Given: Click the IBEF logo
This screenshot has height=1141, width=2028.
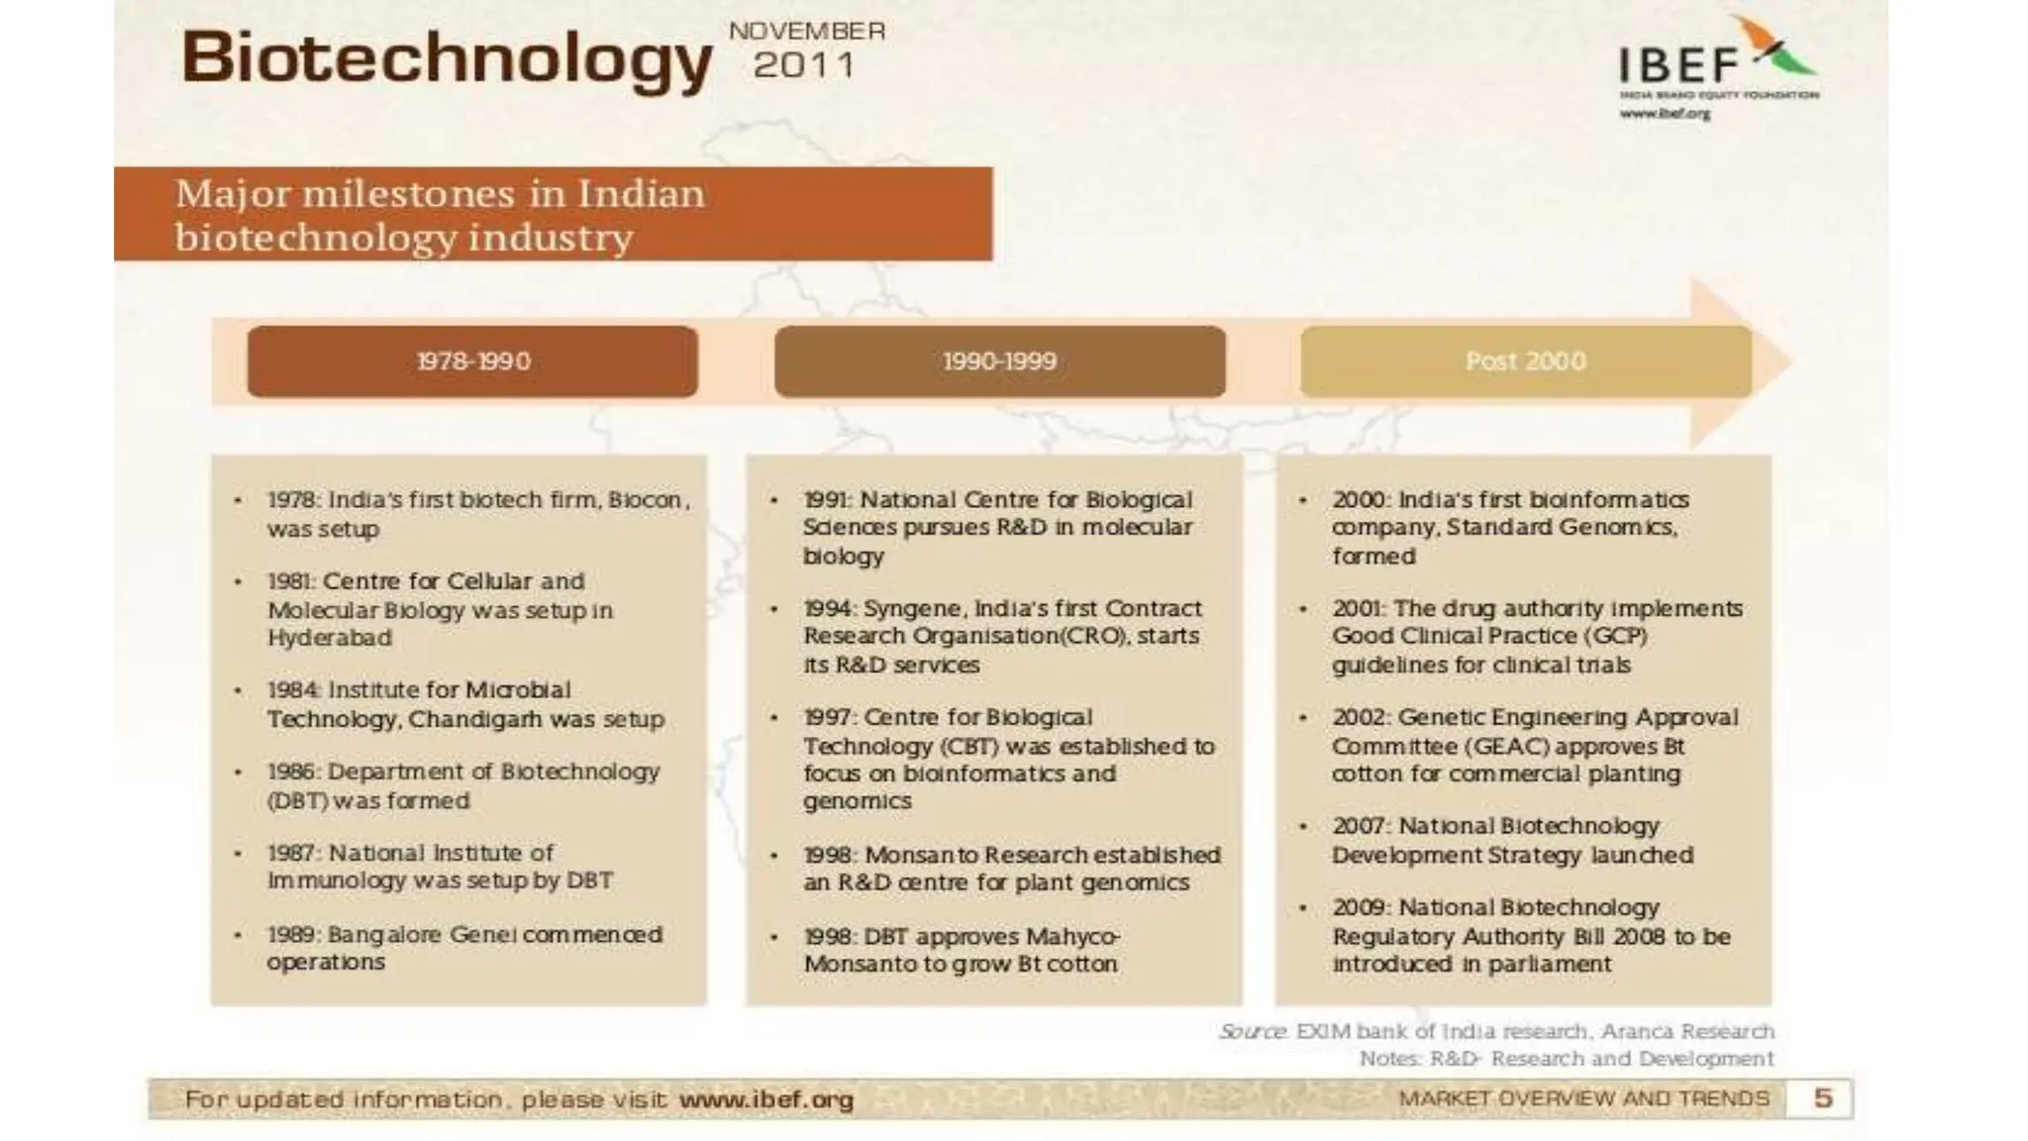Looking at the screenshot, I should click(x=1718, y=65).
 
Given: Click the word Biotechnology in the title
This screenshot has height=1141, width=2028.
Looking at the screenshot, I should click(x=447, y=57).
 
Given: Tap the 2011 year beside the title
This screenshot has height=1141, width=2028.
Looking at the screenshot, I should click(x=803, y=66).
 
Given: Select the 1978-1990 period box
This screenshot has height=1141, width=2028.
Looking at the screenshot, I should click(x=472, y=362).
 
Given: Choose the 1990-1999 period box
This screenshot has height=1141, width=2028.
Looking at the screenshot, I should click(x=999, y=362).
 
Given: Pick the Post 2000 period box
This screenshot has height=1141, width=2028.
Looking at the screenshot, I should click(x=1525, y=362).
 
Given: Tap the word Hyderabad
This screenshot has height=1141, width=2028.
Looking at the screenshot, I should click(x=329, y=638).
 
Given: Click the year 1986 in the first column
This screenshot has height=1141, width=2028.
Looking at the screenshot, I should click(x=291, y=772).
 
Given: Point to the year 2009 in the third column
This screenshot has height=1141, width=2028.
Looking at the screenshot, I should click(x=1360, y=907).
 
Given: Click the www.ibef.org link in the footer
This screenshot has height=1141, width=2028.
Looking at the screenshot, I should click(x=766, y=1099).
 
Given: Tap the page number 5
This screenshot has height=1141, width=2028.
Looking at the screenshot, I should click(x=1823, y=1098).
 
